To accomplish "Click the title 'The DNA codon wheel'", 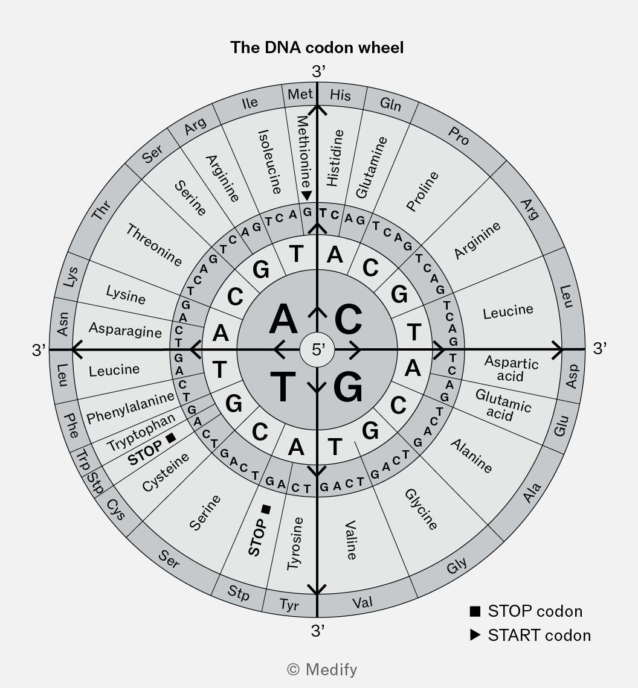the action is [x=317, y=48].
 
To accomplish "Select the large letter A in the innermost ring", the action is [x=283, y=319].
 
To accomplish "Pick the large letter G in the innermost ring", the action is [x=348, y=387].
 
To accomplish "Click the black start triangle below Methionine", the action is [x=307, y=196].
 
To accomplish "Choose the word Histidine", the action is [x=335, y=158].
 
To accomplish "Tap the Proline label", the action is [x=422, y=191].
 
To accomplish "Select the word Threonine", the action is [x=154, y=245].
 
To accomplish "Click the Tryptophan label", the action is [x=141, y=432].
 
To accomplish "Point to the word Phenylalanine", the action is [x=130, y=407].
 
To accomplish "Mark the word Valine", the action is [x=350, y=540].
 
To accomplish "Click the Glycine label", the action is [x=421, y=509].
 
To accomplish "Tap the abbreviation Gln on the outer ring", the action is [x=390, y=104].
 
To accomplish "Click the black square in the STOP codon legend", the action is [x=475, y=611].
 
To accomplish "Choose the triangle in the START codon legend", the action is [x=475, y=635].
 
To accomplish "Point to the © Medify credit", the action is [x=321, y=669].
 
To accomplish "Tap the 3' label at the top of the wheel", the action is [x=318, y=71].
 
